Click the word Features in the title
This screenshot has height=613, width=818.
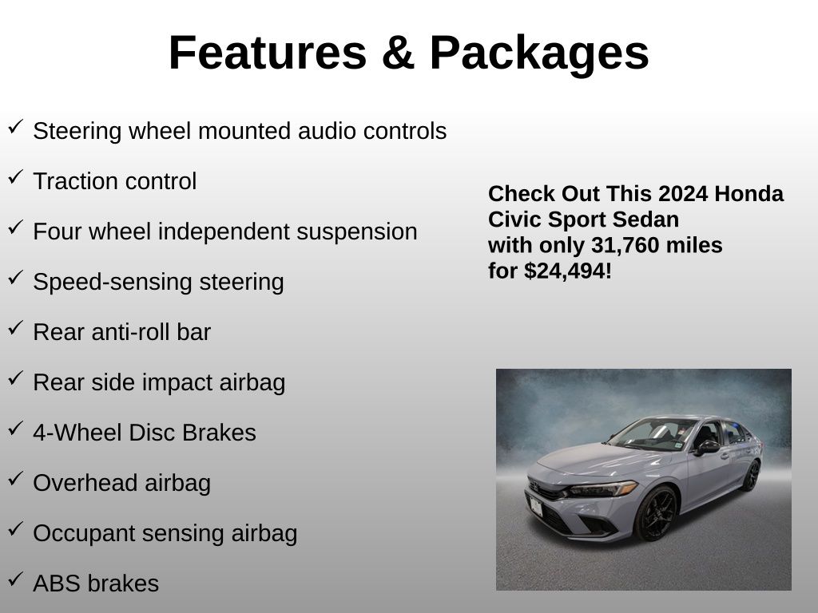coord(268,53)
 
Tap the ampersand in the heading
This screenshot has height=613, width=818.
coord(398,53)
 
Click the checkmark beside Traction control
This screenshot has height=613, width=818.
coord(16,176)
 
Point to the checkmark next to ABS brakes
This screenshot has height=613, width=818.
coord(16,579)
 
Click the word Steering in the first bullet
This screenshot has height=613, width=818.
coord(77,132)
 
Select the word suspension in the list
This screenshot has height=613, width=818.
coord(357,232)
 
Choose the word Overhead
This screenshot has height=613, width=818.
coord(85,483)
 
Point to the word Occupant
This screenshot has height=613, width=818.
coord(84,534)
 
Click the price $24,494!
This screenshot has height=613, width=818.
coord(568,271)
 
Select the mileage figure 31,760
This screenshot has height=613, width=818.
coord(625,246)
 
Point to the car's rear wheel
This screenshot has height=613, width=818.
coord(751,476)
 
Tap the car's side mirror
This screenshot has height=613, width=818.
coord(707,447)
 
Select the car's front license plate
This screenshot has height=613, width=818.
coord(536,506)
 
